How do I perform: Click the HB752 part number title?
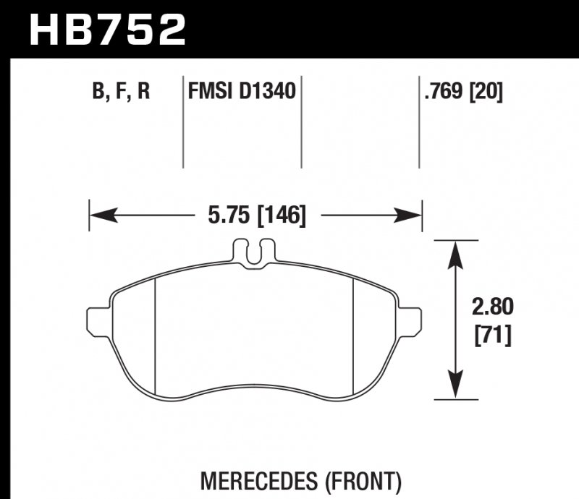pos(107,29)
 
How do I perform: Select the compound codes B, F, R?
pos(121,92)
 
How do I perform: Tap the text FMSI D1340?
pos(242,92)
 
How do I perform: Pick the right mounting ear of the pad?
pos(410,318)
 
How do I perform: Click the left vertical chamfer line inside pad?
pos(156,333)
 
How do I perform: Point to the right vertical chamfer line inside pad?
pos(352,333)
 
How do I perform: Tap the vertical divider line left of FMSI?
pos(182,123)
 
